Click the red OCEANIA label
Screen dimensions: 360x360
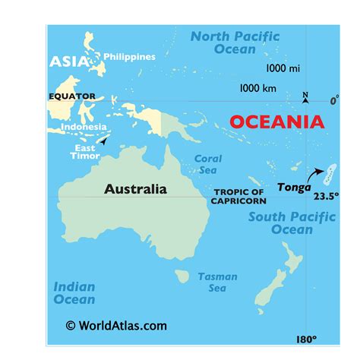click(276, 122)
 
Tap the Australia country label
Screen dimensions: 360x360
click(135, 189)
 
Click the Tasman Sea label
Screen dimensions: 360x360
click(217, 283)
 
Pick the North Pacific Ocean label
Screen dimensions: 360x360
click(235, 43)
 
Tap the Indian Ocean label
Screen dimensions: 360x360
click(74, 292)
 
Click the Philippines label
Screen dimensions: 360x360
click(129, 57)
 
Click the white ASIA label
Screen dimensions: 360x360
click(69, 62)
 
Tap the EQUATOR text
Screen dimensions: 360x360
click(71, 96)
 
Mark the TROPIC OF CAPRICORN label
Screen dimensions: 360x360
click(238, 197)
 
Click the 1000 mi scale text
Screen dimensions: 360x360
click(283, 68)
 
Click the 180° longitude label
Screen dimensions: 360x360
click(306, 339)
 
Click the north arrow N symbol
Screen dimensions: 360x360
click(305, 97)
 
